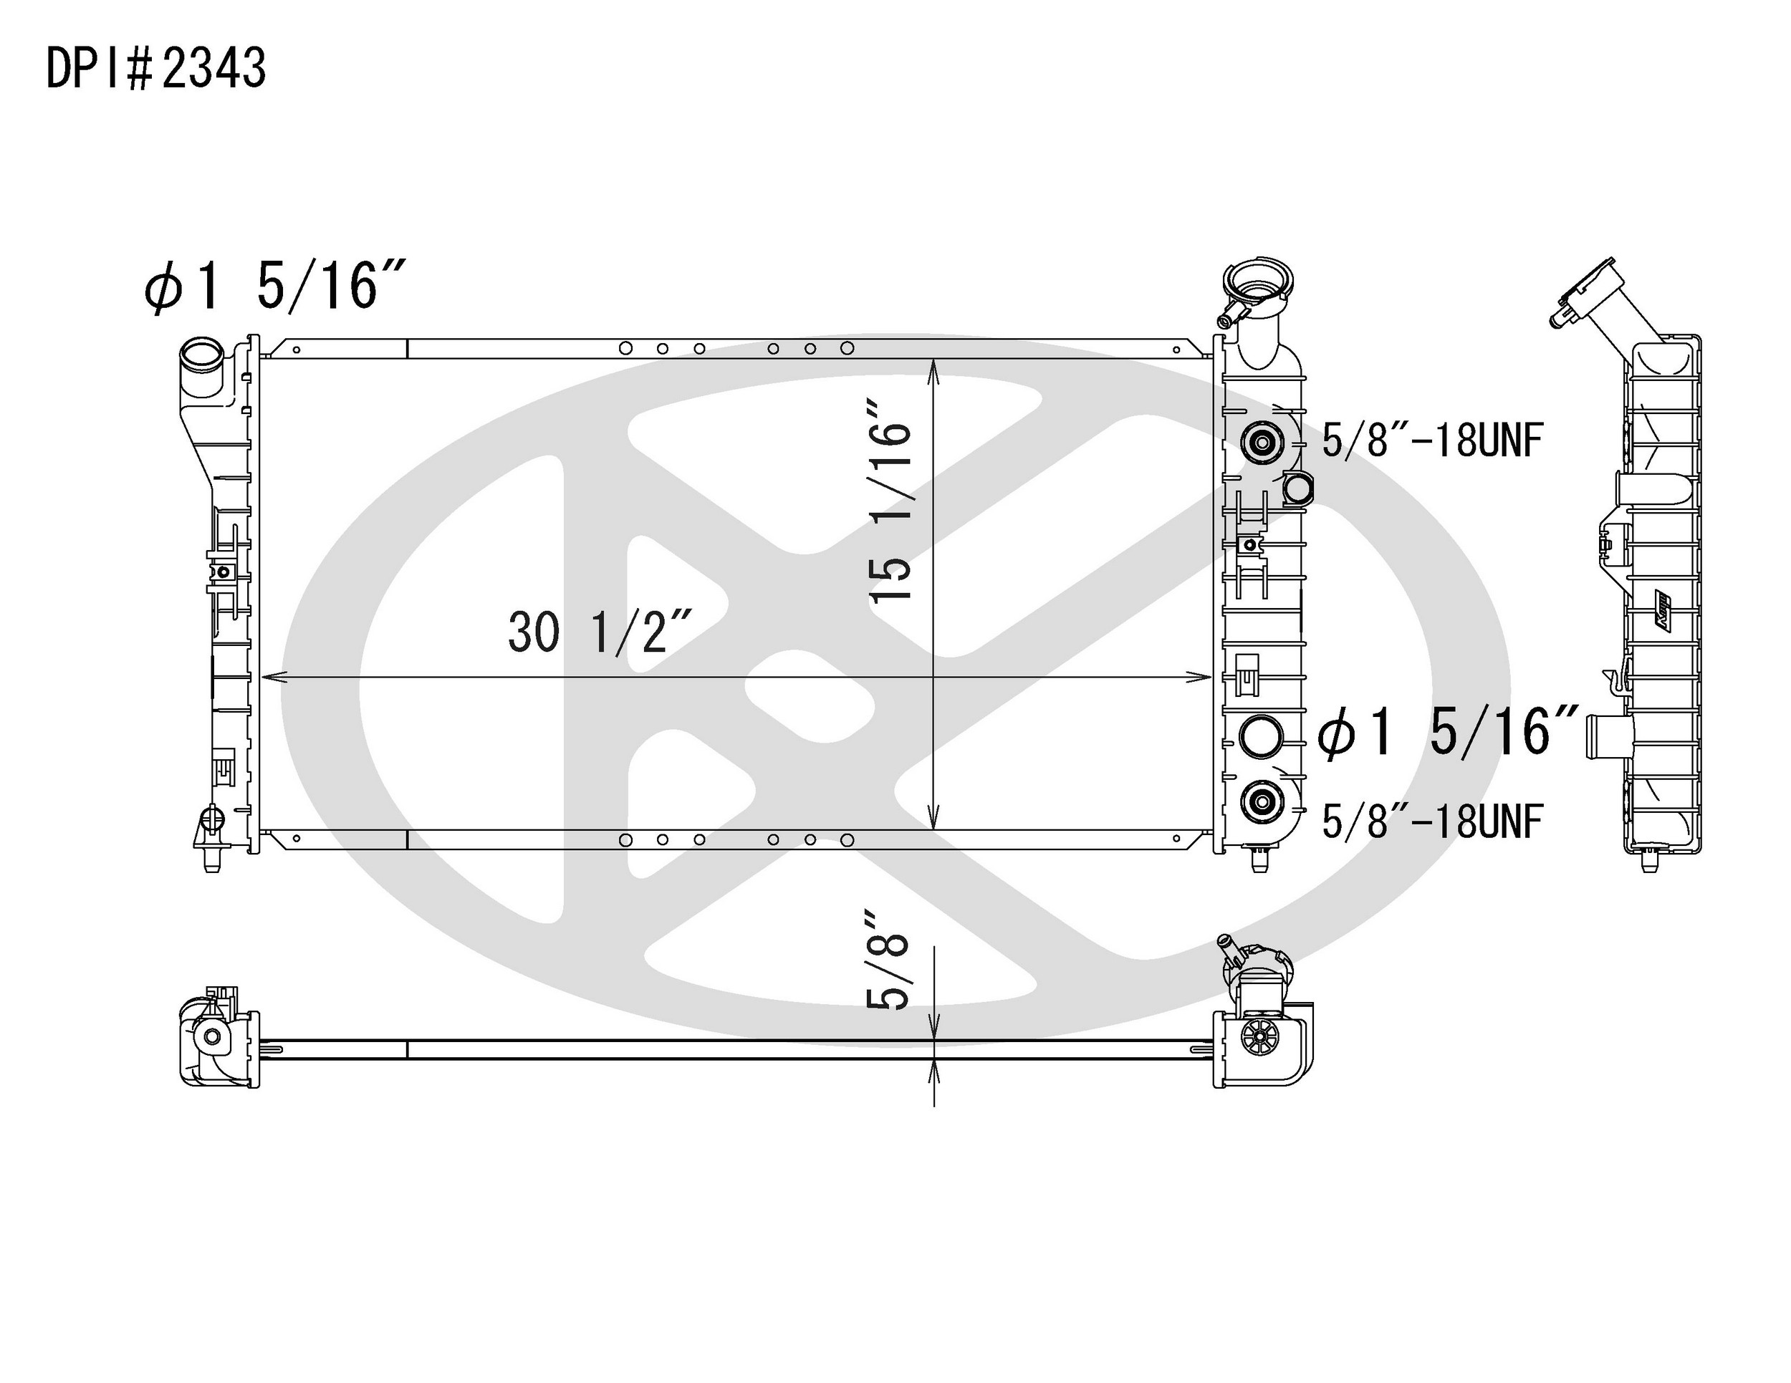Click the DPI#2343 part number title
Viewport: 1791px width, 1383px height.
[155, 68]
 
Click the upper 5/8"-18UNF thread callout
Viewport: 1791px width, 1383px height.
[1433, 441]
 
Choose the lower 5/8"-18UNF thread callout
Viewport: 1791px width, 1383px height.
[1433, 821]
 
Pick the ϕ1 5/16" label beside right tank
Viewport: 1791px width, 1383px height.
[1446, 731]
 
